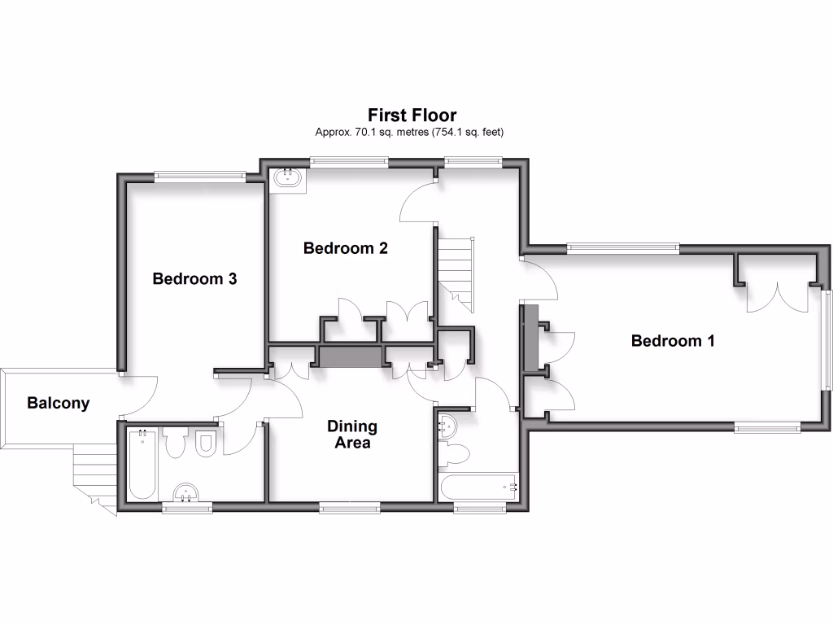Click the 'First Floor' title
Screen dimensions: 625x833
(x=412, y=116)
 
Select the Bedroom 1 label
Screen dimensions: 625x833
(x=672, y=341)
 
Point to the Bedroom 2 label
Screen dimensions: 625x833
(x=345, y=248)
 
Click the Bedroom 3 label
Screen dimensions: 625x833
(x=194, y=279)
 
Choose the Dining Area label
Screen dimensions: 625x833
(x=351, y=435)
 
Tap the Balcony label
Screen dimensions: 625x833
(x=58, y=403)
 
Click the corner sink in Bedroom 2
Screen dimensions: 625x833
(x=288, y=178)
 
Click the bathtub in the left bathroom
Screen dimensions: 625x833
(x=142, y=464)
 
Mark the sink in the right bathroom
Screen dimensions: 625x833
(x=447, y=426)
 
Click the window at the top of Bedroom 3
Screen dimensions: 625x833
(x=201, y=175)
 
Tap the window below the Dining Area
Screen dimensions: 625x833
(x=350, y=509)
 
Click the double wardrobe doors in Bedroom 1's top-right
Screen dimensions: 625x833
(x=778, y=297)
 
